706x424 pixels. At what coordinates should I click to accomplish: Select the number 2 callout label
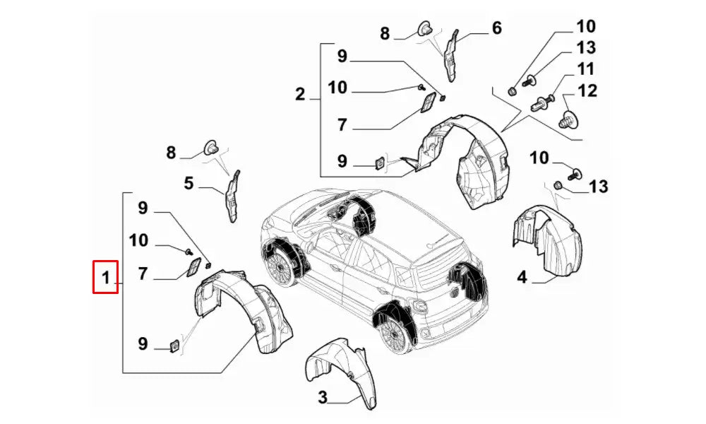300,94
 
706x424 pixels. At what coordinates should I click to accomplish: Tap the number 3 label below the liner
323,398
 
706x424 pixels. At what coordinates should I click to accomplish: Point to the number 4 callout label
522,277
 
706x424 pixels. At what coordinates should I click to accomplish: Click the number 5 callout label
189,184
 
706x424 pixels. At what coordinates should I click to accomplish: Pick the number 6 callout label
496,28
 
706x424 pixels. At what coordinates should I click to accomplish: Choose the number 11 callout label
585,69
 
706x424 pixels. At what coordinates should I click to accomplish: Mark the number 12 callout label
587,90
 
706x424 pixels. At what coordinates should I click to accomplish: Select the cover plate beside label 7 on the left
191,269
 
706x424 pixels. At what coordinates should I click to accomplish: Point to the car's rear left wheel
395,333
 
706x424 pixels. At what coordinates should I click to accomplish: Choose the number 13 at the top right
585,48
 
